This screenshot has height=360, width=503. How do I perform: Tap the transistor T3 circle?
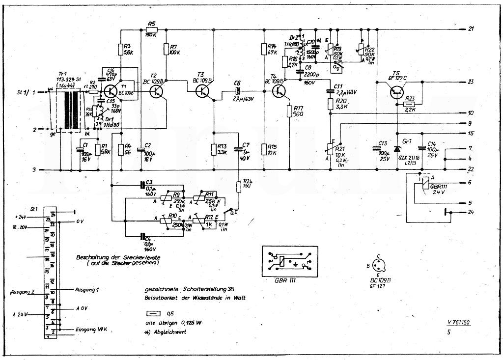coord(203,91)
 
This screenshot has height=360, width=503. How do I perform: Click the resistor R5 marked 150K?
coord(151,29)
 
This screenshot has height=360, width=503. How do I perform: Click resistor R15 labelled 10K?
coord(265,149)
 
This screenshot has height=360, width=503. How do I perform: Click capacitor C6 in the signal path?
coord(237,91)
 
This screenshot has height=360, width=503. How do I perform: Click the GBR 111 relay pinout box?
coord(288,261)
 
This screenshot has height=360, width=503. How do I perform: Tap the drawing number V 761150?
coord(459,323)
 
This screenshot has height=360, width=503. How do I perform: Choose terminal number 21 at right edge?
coord(471,29)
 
